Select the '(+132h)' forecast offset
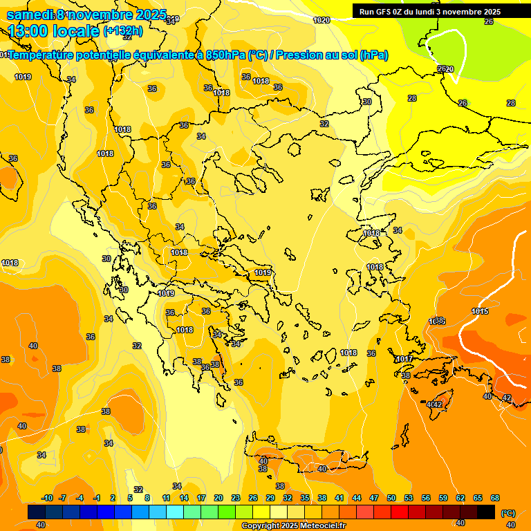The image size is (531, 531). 123,30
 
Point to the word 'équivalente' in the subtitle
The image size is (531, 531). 165,55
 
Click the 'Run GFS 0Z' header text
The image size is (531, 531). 382,12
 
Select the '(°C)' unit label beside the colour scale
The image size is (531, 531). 507,513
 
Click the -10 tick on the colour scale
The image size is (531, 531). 47,498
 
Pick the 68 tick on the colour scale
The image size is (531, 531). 495,498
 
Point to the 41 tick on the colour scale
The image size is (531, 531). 339,498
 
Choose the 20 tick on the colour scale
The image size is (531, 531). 218,498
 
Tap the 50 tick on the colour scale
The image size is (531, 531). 391,498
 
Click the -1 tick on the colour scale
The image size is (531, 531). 97,498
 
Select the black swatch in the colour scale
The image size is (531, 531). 486,512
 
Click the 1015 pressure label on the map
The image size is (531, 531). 481,312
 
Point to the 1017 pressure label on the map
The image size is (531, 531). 404,359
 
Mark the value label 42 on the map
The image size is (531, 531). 506,398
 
